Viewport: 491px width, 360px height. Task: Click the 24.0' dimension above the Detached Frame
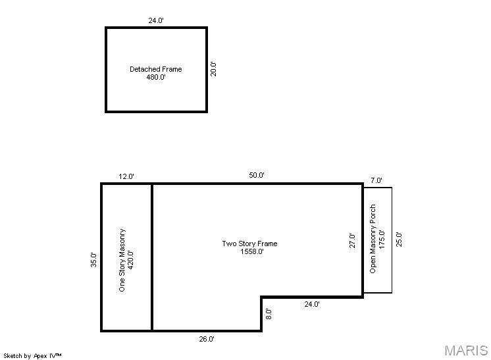[x=156, y=20]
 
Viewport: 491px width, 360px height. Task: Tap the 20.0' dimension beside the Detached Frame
[x=213, y=69]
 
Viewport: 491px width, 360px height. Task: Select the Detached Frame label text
[x=155, y=69]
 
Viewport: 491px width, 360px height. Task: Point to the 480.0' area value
[x=156, y=77]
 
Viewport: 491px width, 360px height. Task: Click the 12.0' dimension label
[x=126, y=176]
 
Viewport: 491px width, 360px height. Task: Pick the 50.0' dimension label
[x=257, y=175]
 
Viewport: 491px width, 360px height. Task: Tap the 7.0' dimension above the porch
[x=376, y=180]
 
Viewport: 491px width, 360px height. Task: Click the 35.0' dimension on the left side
[x=93, y=259]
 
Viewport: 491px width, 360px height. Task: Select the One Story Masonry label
[x=122, y=260]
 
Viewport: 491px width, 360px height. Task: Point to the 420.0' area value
[x=130, y=260]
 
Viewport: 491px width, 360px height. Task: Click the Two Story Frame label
[x=249, y=244]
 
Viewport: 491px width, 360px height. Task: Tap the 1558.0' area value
[x=252, y=251]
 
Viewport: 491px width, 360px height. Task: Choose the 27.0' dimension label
[x=352, y=241]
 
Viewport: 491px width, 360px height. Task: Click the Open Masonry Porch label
[x=373, y=239]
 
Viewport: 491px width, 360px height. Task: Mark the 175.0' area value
[x=381, y=240]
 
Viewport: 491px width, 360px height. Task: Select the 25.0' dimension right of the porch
[x=399, y=240]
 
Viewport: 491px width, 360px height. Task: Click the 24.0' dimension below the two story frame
[x=312, y=304]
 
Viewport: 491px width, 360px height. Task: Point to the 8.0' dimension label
[x=269, y=314]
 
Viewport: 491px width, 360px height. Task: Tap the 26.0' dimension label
[x=207, y=339]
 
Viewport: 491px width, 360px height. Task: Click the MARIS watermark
[x=466, y=351]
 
